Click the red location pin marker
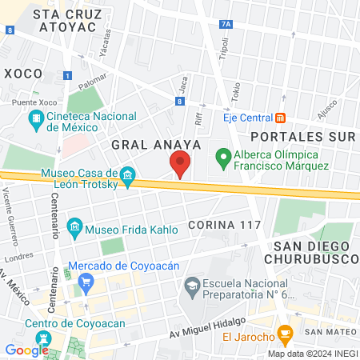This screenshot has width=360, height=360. point(180,165)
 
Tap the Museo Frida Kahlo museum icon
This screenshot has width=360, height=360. point(74,226)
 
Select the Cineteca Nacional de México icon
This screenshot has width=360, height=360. point(35,121)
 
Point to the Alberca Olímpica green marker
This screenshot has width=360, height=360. point(226,158)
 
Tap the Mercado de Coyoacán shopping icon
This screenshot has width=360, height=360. point(87,281)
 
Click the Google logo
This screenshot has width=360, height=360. point(26,350)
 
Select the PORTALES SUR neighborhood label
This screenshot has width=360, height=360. point(302,136)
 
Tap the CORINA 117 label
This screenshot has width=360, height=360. point(225,225)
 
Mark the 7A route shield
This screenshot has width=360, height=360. point(226,25)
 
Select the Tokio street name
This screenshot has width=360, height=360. point(235,94)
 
